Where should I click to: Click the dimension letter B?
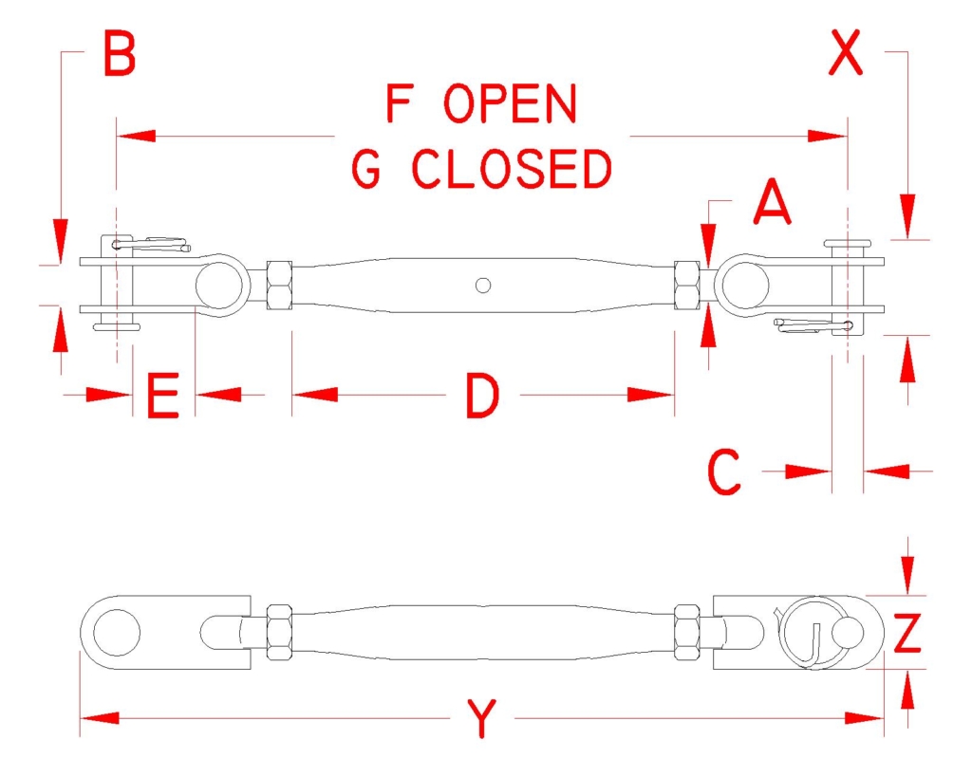(x=119, y=53)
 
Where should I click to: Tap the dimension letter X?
(x=846, y=53)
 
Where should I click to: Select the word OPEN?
(x=510, y=103)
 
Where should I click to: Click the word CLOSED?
(x=512, y=169)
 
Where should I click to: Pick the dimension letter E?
(x=163, y=396)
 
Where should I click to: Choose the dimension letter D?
(x=482, y=396)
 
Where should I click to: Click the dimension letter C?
(x=724, y=472)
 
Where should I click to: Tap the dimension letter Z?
(x=907, y=633)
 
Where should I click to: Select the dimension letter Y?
(x=481, y=718)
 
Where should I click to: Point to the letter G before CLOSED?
(x=366, y=169)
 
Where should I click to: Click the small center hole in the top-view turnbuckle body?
(x=483, y=285)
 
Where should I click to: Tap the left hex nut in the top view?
(x=279, y=285)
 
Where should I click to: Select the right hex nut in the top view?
(x=687, y=285)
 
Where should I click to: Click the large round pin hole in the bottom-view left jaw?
(x=117, y=633)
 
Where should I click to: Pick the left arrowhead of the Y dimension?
(x=99, y=718)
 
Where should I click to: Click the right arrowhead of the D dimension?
(x=650, y=395)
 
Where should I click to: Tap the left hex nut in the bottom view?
(x=279, y=633)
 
